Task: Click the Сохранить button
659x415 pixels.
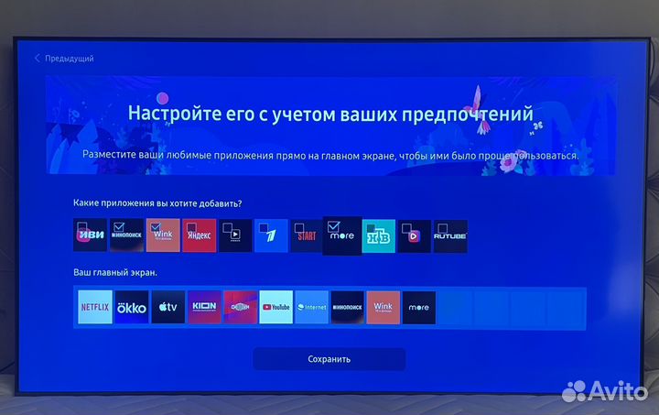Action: click(x=329, y=359)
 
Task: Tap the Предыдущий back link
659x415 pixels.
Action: click(x=64, y=59)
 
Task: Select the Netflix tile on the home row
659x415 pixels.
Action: click(x=94, y=308)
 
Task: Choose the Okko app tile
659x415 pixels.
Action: click(x=131, y=308)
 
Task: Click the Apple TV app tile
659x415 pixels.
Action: click(x=167, y=308)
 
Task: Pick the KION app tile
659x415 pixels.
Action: click(x=203, y=308)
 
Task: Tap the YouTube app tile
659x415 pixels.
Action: click(x=275, y=308)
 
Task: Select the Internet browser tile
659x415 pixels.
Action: click(x=311, y=308)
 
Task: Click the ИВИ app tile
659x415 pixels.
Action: click(x=90, y=235)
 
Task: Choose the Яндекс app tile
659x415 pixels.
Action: click(x=199, y=235)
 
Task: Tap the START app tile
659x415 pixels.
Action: click(x=307, y=235)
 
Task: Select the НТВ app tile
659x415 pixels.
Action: click(x=379, y=235)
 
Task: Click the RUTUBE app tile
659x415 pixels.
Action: click(x=449, y=235)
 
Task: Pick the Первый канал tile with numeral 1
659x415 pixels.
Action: click(x=271, y=235)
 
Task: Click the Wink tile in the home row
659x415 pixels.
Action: click(x=384, y=308)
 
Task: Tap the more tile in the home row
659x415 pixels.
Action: click(x=419, y=308)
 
